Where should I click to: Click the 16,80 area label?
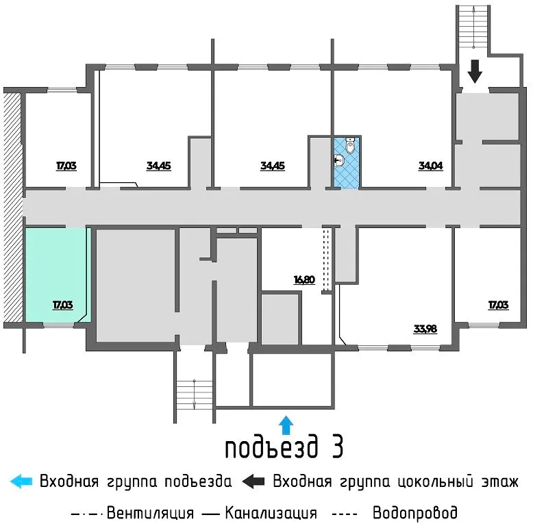point(304,279)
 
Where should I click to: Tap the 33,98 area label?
point(425,329)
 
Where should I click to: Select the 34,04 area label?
point(431,166)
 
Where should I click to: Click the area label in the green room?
point(63,305)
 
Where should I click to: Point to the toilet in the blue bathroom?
point(350,145)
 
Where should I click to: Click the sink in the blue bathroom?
point(338,160)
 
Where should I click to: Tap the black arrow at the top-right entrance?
point(475,71)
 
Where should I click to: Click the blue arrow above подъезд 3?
point(286,425)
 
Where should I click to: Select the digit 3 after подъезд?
point(336,446)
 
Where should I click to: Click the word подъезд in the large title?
point(271,447)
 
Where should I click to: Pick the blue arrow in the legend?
point(21,481)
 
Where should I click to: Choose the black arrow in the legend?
point(253,481)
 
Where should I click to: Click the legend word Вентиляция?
point(150,513)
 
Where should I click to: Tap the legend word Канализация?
point(271,513)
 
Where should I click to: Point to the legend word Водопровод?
point(415,512)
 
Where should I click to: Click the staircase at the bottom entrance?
point(195,395)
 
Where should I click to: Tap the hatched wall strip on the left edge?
point(13,208)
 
